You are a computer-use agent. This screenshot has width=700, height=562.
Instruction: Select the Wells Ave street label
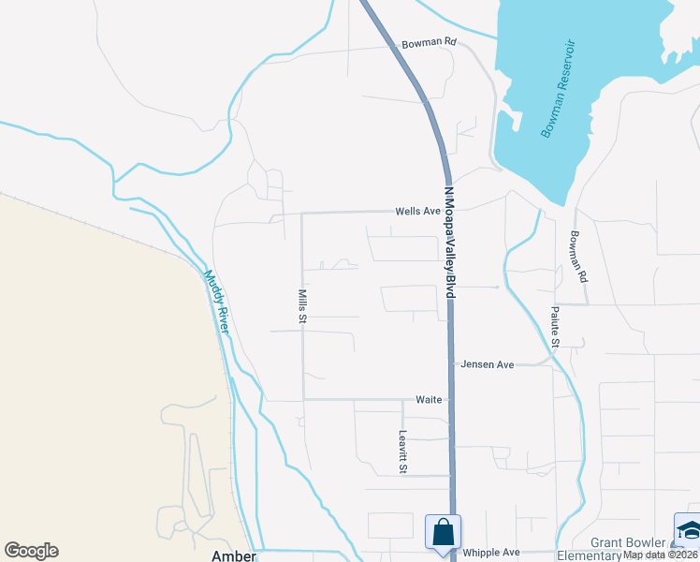pos(417,212)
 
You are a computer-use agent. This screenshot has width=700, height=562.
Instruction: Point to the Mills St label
pos(302,306)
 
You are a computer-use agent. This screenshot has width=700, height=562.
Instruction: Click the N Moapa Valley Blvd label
pos(449,242)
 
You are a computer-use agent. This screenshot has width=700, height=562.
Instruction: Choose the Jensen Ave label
pos(487,364)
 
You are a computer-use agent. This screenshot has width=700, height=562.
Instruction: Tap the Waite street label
pos(429,399)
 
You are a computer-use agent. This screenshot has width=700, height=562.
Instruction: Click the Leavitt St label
pos(402,451)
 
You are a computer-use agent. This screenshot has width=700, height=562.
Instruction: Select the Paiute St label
pos(555,327)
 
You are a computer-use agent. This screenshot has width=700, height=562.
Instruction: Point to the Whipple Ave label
pos(490,553)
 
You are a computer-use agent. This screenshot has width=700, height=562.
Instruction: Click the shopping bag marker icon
pos(443,532)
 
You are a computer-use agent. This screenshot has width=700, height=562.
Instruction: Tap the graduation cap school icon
pos(688,529)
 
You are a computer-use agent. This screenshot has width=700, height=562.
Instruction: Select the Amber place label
pos(234,555)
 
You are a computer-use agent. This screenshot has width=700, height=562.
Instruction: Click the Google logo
pos(31,551)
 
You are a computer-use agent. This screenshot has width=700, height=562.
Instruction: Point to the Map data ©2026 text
pos(661,555)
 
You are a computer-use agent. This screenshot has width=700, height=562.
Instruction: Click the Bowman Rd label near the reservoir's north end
pos(429,43)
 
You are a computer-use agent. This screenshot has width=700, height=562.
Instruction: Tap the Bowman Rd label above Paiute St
pos(577,257)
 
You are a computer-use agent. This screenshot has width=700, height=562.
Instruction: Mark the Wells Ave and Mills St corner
pos(302,214)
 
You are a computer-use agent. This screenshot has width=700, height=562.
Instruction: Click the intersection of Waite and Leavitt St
pos(402,400)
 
